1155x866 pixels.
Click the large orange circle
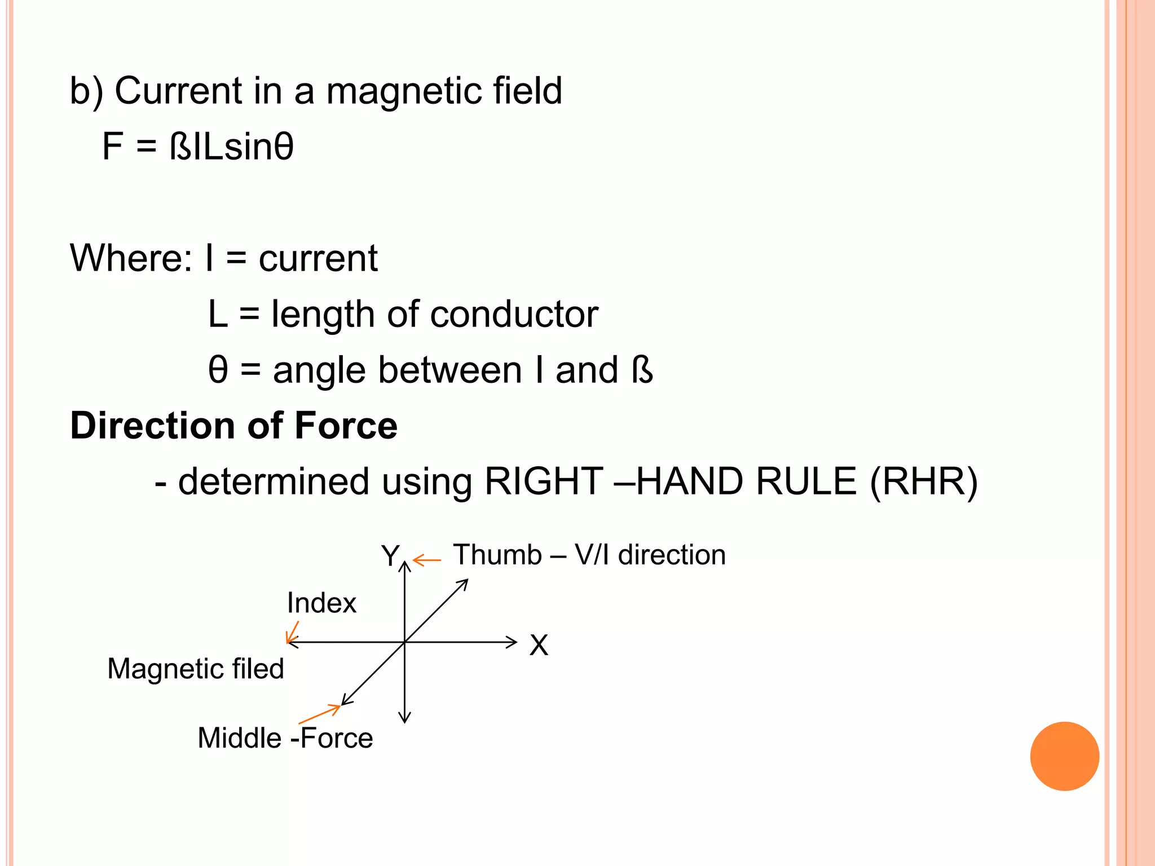tap(1064, 756)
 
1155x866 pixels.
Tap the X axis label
tap(539, 645)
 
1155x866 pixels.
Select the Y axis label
tap(390, 556)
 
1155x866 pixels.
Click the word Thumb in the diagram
tap(497, 555)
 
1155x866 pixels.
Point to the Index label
tap(321, 603)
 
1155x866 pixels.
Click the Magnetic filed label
tap(196, 669)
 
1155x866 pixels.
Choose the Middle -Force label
tap(285, 738)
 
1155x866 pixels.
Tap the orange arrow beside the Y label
tap(426, 560)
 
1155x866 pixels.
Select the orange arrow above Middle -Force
tap(320, 714)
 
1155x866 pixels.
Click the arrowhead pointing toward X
tap(512, 642)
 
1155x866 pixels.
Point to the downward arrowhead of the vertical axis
tap(404, 718)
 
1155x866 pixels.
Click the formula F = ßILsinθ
tap(198, 147)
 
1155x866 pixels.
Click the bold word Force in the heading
tap(346, 425)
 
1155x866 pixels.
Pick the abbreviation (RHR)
tap(924, 482)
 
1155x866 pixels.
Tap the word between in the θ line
tap(453, 370)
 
